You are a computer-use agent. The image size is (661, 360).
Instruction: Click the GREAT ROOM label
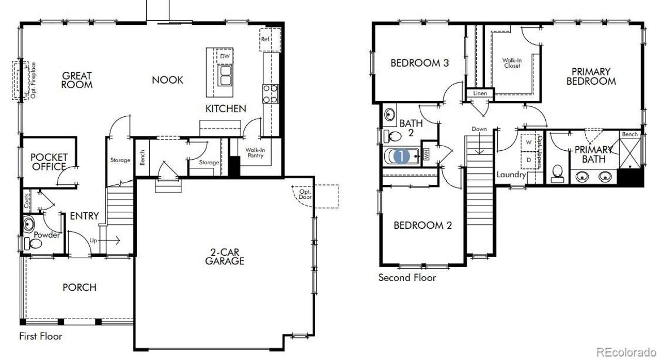coord(77,80)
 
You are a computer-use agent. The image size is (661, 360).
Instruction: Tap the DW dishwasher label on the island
coord(225,56)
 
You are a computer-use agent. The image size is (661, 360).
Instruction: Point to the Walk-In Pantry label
coord(255,153)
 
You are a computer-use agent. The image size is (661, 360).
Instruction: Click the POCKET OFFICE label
coord(49,162)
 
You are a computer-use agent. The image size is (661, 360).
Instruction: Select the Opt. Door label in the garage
coord(305,194)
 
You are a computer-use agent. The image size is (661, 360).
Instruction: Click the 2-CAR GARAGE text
coord(224,257)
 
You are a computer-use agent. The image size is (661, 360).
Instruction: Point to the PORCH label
coord(80,287)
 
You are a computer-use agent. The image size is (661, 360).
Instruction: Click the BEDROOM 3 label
coord(419,63)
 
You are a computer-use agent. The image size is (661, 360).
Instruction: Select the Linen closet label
coord(480,93)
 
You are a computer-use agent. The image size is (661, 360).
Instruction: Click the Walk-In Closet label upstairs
coord(512,63)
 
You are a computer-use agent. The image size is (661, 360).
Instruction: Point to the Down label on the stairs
coord(479,129)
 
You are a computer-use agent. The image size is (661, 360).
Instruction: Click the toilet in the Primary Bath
coord(558,172)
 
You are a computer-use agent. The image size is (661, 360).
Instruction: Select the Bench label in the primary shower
coord(629,134)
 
